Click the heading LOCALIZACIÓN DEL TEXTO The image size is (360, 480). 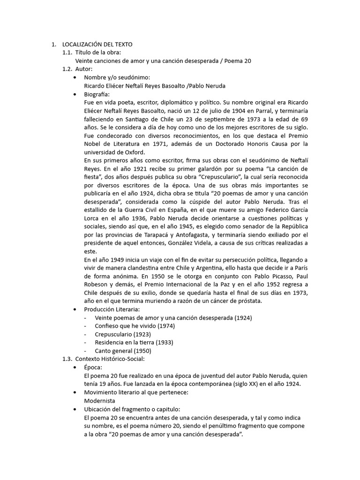coord(100,44)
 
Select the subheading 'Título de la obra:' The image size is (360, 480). coord(101,52)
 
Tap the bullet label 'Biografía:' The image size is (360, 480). coord(97,94)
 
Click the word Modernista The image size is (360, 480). coord(99,401)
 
